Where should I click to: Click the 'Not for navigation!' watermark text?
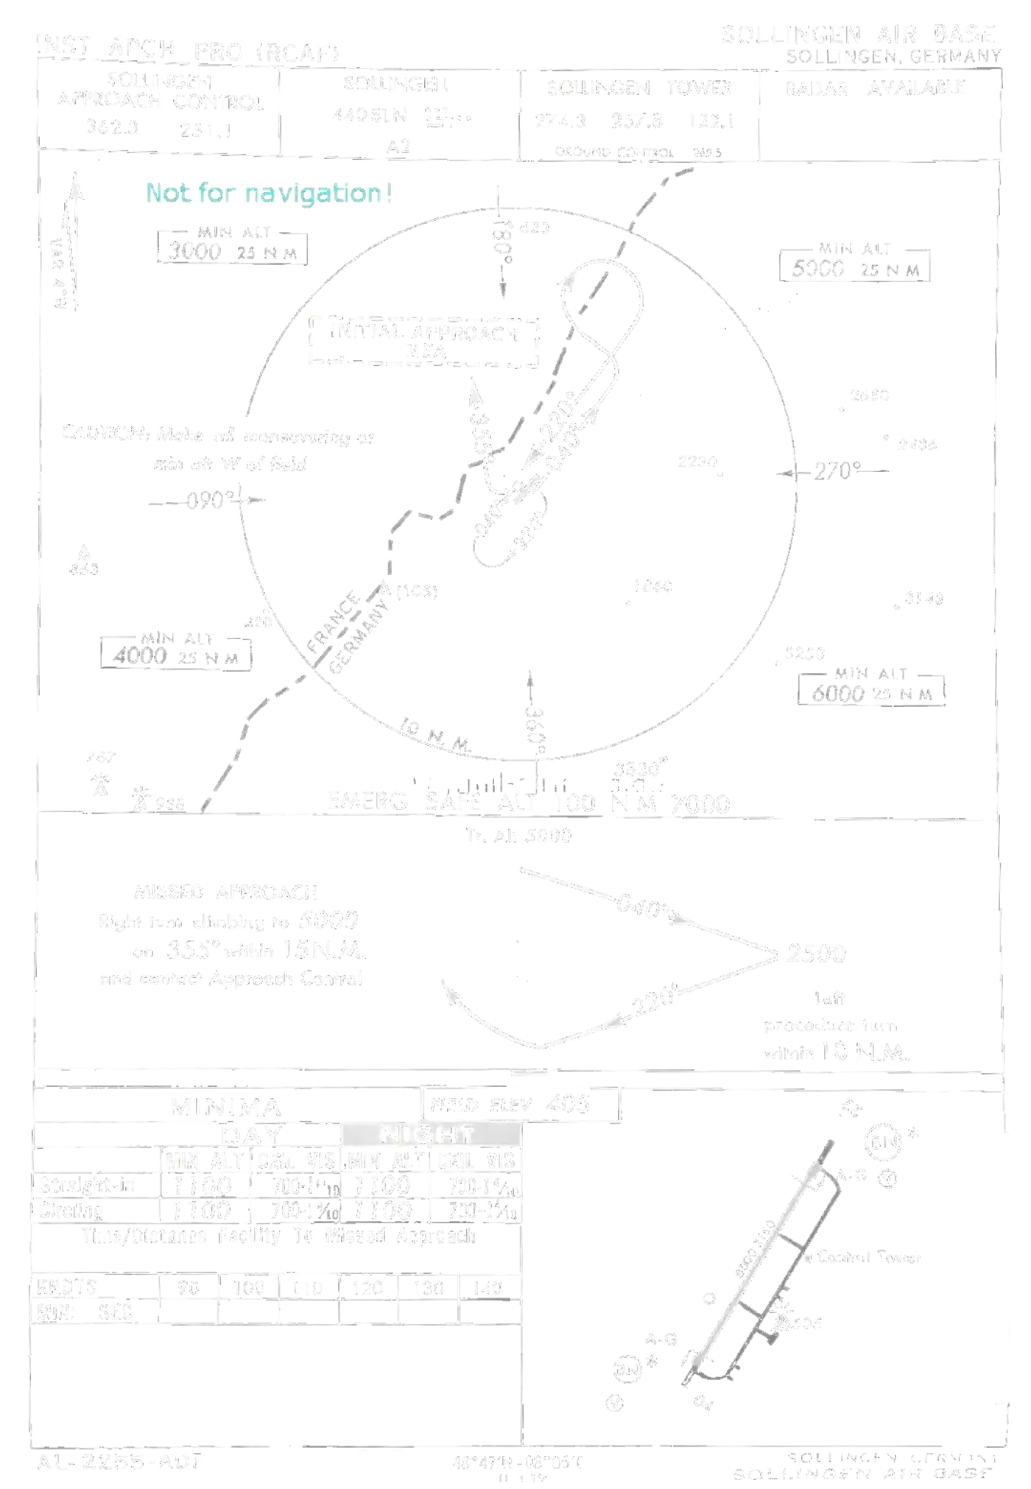click(269, 193)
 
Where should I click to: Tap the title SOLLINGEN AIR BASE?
click(857, 35)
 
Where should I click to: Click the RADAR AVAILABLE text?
click(874, 88)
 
